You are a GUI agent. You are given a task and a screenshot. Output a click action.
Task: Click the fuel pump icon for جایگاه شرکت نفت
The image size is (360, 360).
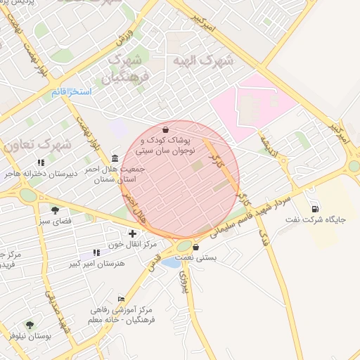[x=314, y=208]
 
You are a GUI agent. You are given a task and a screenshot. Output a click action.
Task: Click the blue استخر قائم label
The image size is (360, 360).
[x=72, y=92]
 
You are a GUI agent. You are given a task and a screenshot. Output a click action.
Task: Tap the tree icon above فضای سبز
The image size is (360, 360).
[x=55, y=210]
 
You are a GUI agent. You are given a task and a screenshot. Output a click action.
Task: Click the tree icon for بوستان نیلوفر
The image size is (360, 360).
[x=30, y=325]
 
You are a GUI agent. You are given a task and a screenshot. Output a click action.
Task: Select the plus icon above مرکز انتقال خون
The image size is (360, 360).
[x=131, y=233]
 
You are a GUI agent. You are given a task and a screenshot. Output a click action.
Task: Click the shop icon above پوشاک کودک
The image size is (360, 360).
[x=165, y=130]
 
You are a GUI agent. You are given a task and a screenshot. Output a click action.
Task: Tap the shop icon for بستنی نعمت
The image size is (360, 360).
[x=195, y=247]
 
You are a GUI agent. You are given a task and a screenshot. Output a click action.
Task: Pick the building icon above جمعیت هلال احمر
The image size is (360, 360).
[x=115, y=157]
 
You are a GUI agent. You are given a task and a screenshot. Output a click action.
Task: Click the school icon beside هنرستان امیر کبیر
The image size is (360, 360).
[x=96, y=252]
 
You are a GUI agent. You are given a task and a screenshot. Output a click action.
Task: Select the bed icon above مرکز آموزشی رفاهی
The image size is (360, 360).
[x=121, y=299]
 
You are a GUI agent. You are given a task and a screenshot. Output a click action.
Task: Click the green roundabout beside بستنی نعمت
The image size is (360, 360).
[x=185, y=246]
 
